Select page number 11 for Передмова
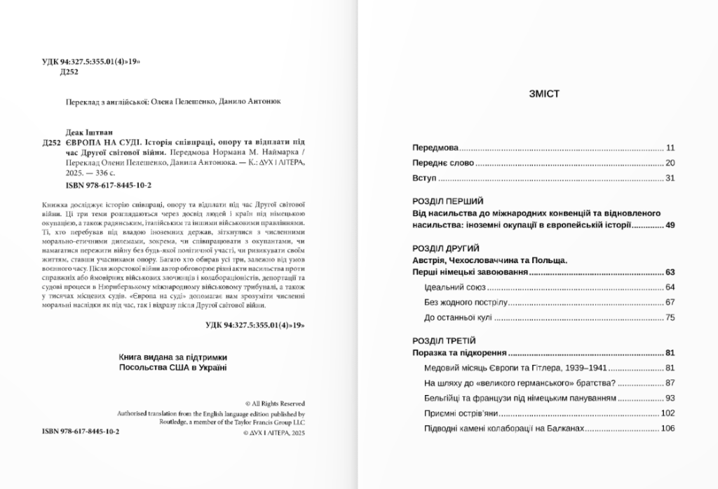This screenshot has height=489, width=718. [x=670, y=148]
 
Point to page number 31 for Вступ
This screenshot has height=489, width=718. [x=670, y=178]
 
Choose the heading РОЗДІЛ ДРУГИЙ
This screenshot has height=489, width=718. [x=445, y=248]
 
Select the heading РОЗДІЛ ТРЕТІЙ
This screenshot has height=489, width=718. [x=445, y=340]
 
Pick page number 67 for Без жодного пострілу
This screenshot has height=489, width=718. [x=670, y=302]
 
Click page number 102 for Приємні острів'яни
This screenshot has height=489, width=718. [x=668, y=413]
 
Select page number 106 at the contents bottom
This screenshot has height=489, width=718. [x=668, y=429]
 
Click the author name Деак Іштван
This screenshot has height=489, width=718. [x=86, y=130]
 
